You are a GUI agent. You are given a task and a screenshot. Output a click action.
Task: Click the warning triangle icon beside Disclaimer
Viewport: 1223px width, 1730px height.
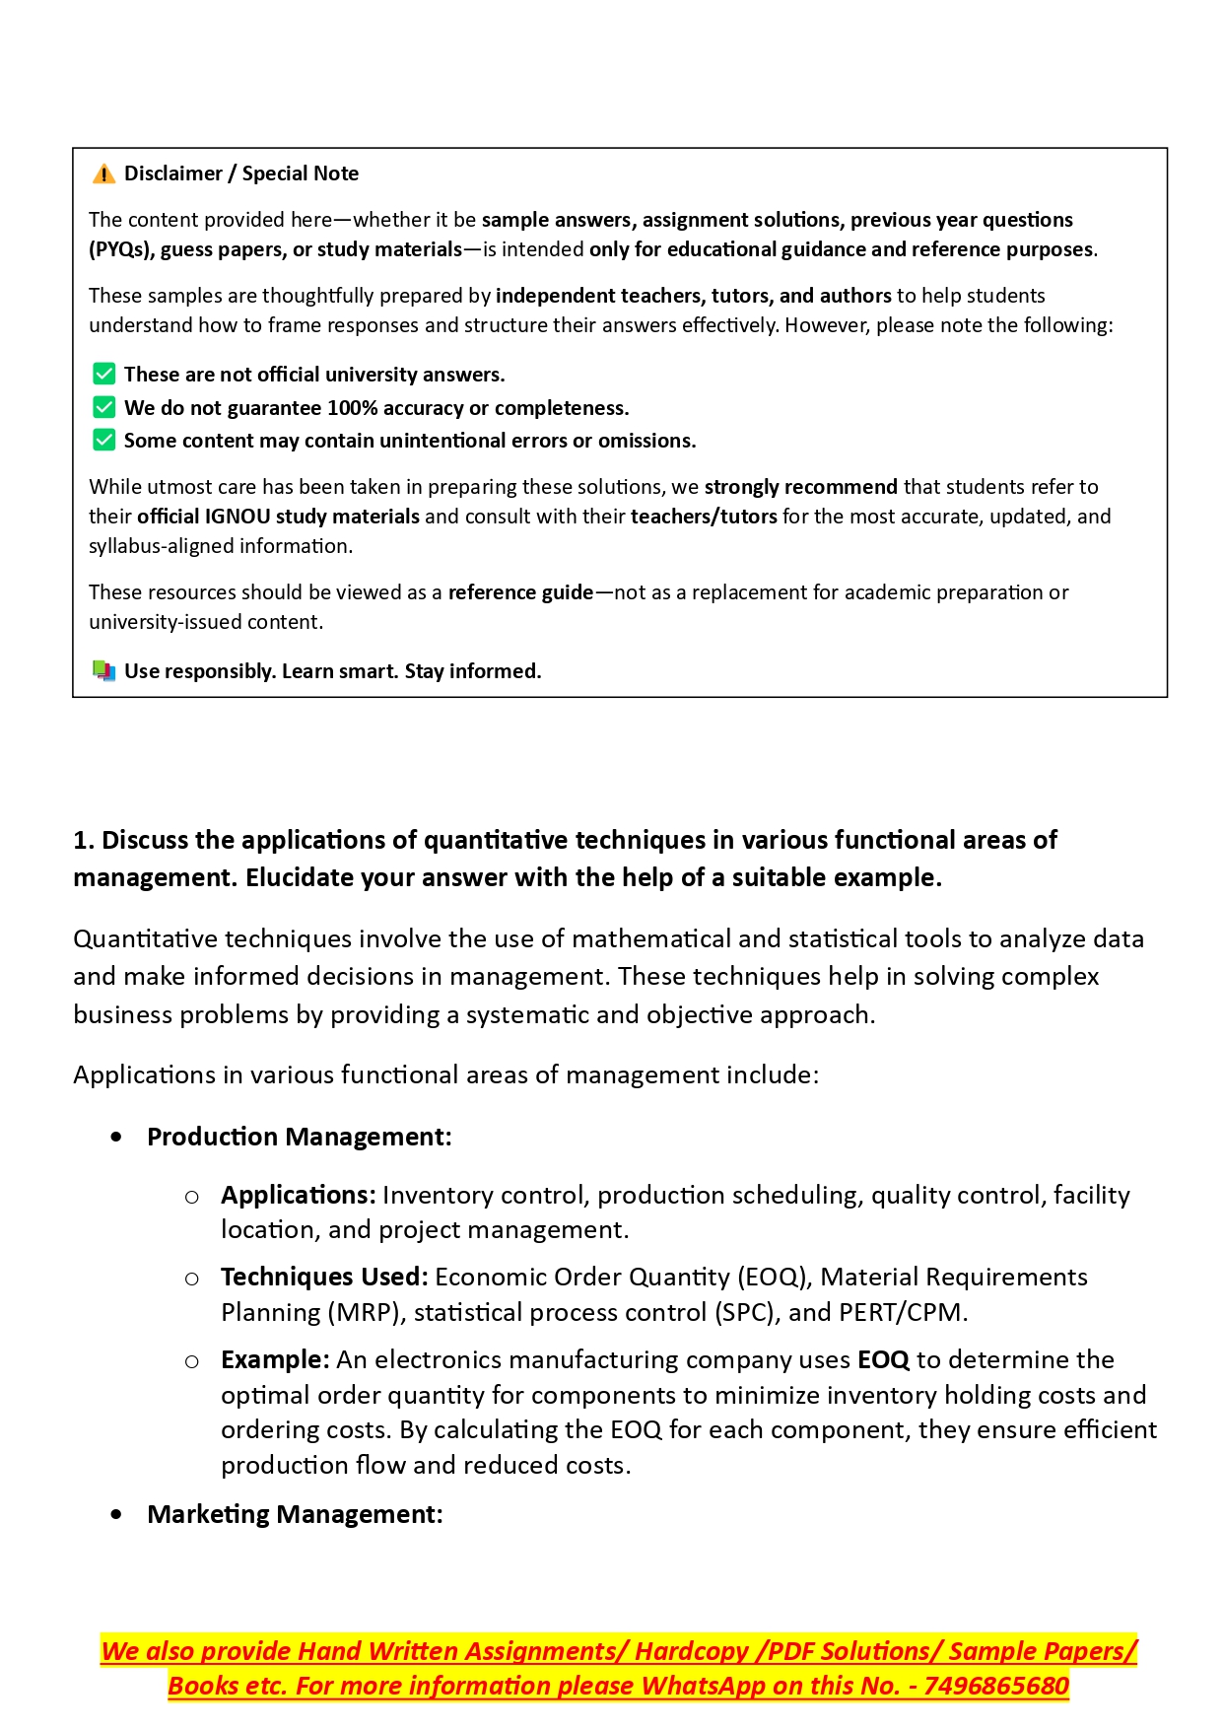coord(103,174)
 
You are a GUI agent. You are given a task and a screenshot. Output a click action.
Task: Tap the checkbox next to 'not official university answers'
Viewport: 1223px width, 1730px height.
coord(103,375)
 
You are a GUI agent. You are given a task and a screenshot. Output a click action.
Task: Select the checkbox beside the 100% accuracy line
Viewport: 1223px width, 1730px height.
coord(103,407)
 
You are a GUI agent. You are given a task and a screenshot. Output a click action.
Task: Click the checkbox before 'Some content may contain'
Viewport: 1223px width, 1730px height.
coord(103,440)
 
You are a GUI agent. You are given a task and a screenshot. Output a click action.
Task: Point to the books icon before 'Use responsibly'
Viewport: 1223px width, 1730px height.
coord(103,671)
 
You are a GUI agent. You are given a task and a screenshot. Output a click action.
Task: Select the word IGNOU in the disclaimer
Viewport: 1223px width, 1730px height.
coord(237,517)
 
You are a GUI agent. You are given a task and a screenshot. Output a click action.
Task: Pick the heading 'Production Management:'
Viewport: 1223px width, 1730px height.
coord(299,1137)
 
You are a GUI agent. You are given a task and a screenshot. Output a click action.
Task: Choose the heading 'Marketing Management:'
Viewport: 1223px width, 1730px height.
coord(295,1514)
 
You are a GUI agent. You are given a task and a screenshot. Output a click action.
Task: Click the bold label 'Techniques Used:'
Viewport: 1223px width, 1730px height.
coord(324,1277)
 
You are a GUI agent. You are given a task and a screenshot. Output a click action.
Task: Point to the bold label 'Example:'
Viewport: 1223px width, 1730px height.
coord(275,1359)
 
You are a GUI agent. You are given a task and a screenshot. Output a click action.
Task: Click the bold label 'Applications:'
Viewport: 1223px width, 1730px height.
coord(298,1195)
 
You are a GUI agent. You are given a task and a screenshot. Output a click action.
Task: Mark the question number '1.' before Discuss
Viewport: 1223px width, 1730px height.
coord(84,840)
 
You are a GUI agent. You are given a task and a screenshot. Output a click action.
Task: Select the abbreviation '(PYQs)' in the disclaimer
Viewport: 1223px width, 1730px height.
coord(119,249)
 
